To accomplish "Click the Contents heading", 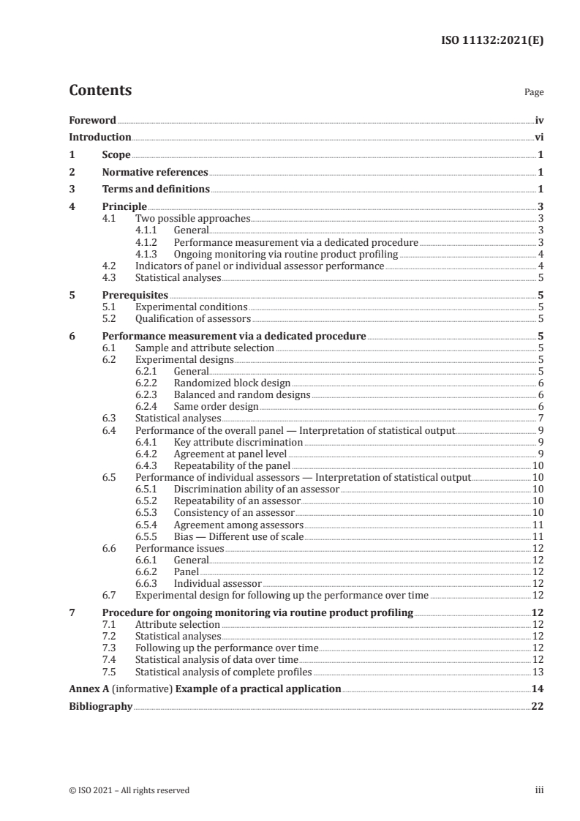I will pyautogui.click(x=100, y=91).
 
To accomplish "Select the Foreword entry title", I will pyautogui.click(x=92, y=120).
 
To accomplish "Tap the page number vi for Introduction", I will pyautogui.click(x=538, y=137).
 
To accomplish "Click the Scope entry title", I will pyautogui.click(x=116, y=154).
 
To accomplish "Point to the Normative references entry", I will pyautogui.click(x=155, y=172).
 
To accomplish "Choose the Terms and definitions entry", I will pyautogui.click(x=156, y=190).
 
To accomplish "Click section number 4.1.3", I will pyautogui.click(x=148, y=255).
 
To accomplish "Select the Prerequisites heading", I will pyautogui.click(x=135, y=295).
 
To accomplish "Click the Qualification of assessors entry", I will pyautogui.click(x=193, y=319).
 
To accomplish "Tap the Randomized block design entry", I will pyautogui.click(x=232, y=383).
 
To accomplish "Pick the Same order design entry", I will pyautogui.click(x=216, y=406).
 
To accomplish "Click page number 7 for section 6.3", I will pyautogui.click(x=540, y=418).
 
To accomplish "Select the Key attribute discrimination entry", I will pyautogui.click(x=238, y=442).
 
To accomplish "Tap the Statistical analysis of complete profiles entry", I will pyautogui.click(x=224, y=671).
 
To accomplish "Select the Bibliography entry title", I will pyautogui.click(x=101, y=707).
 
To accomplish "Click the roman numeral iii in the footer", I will pyautogui.click(x=540, y=790).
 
